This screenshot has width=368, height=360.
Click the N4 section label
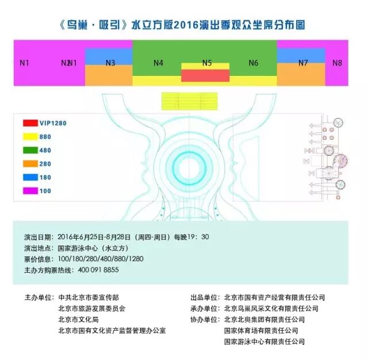coord(159,63)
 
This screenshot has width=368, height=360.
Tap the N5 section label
coord(207,63)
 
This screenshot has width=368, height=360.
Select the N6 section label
coord(253,63)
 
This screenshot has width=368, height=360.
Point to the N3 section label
coord(110,63)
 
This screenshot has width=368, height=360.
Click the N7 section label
coord(303,63)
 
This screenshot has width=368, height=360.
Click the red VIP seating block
coord(205,75)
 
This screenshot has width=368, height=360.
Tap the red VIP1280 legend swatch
coord(30,123)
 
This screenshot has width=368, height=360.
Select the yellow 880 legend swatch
coord(30,137)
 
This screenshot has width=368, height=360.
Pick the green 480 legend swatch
coord(30,150)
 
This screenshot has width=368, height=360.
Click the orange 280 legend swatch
coord(30,164)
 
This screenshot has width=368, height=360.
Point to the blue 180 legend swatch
coord(30,177)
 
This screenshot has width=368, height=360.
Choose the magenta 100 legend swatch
coord(30,190)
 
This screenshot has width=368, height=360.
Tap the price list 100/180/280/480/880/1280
coord(101,259)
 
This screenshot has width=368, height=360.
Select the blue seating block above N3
coord(109,54)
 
